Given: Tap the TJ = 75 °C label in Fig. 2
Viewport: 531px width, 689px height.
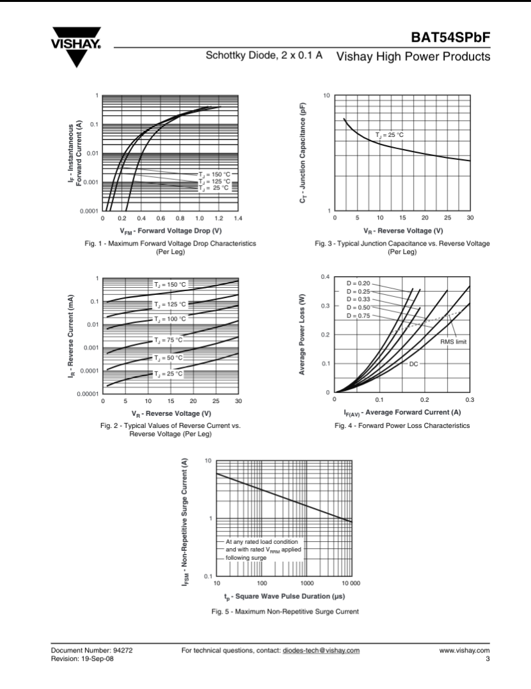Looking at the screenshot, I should [168, 340].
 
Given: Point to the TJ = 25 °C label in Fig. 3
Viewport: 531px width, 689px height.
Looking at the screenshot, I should [390, 134].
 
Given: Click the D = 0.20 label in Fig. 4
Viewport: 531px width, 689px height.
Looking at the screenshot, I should [358, 283].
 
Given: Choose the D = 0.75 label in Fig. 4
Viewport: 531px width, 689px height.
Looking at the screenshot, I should [358, 315].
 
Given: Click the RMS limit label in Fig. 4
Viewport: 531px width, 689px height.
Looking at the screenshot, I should [453, 342].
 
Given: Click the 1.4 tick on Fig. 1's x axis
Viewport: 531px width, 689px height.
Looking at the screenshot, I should [237, 218].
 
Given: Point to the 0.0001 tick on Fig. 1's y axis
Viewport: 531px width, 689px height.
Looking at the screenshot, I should [88, 210].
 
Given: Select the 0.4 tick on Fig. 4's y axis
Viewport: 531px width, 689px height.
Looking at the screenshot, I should [325, 276].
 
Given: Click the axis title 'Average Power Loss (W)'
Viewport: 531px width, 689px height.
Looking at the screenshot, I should [301, 335].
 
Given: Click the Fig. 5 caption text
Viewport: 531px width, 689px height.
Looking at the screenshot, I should [285, 612].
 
